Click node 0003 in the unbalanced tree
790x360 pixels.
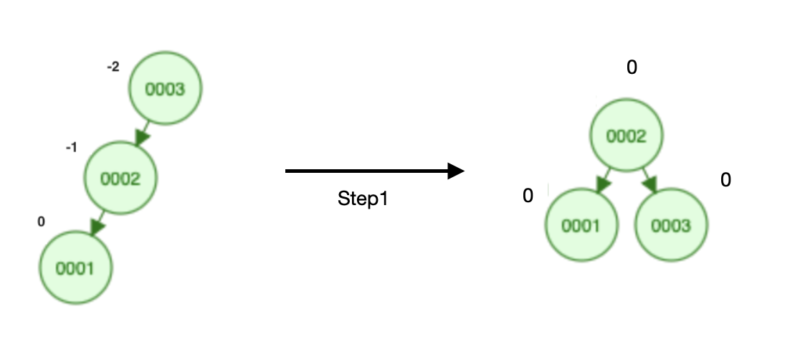[x=166, y=89]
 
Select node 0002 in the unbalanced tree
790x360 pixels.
[x=120, y=179]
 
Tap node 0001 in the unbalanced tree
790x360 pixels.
[x=75, y=268]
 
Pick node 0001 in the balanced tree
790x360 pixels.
[x=581, y=226]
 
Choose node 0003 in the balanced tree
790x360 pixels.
[x=672, y=226]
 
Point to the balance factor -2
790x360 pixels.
[x=113, y=67]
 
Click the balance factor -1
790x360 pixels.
[x=71, y=147]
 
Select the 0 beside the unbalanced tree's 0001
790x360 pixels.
[x=41, y=222]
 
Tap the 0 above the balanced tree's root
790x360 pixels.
[x=632, y=67]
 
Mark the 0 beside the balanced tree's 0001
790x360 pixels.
[x=528, y=196]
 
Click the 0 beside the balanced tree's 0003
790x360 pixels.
[x=725, y=180]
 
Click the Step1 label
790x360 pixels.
[x=363, y=199]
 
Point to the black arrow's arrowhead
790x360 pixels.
[x=457, y=171]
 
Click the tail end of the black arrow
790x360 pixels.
[x=287, y=171]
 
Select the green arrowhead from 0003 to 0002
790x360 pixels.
[x=143, y=136]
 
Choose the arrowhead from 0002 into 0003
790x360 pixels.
[x=652, y=184]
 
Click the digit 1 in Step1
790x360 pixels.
[x=384, y=199]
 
